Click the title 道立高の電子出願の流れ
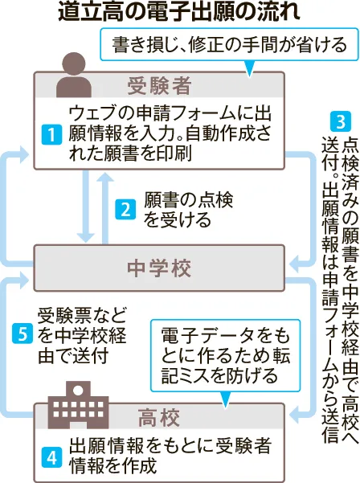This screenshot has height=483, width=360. tap(179, 13)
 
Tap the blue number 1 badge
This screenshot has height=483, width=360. tap(51, 134)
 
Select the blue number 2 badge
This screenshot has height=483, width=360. tap(125, 210)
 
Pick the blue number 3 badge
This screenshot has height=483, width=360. tap(341, 121)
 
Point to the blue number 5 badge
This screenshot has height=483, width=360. tap(22, 334)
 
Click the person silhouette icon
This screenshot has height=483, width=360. tap(74, 75)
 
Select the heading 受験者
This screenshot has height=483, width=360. tap(159, 86)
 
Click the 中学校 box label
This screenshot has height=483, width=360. tap(159, 268)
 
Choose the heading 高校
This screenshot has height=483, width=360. tap(159, 418)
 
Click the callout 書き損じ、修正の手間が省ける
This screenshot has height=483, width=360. tap(230, 44)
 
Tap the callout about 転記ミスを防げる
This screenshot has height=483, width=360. tap(225, 355)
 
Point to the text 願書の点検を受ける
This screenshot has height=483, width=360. tap(189, 210)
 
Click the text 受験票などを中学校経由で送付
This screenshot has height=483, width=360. tap(82, 335)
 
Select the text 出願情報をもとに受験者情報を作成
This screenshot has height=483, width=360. tap(170, 456)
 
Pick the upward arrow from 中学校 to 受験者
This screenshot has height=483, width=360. tap(105, 208)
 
